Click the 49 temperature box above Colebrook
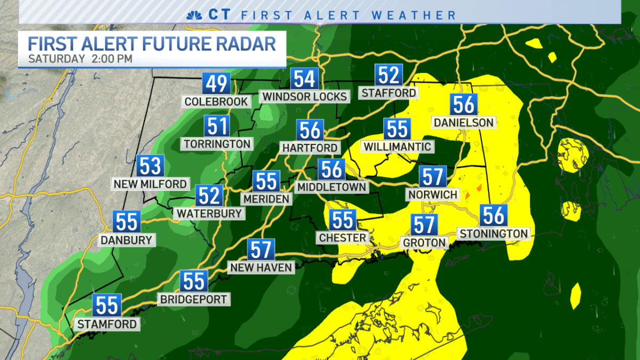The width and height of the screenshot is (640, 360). click(217, 84)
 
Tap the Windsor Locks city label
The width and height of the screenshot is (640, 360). click(304, 97)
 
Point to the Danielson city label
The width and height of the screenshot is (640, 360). click(463, 123)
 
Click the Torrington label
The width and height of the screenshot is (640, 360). click(217, 143)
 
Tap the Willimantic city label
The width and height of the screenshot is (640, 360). click(397, 146)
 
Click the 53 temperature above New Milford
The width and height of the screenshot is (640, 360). click(150, 166)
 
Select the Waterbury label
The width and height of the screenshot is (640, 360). click(209, 213)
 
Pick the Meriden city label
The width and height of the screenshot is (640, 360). click(266, 199)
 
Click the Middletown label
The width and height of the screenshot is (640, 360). click(332, 187)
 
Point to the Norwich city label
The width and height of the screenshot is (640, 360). click(433, 195)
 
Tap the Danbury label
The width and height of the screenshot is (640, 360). click(127, 240)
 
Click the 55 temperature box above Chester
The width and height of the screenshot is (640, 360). click(342, 220)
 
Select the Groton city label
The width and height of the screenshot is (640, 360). click(425, 243)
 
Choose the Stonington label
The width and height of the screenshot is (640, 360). click(493, 234)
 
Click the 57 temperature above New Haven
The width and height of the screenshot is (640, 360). click(261, 250)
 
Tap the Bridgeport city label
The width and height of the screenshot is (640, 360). click(194, 299)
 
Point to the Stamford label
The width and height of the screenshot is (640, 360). click(107, 324)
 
